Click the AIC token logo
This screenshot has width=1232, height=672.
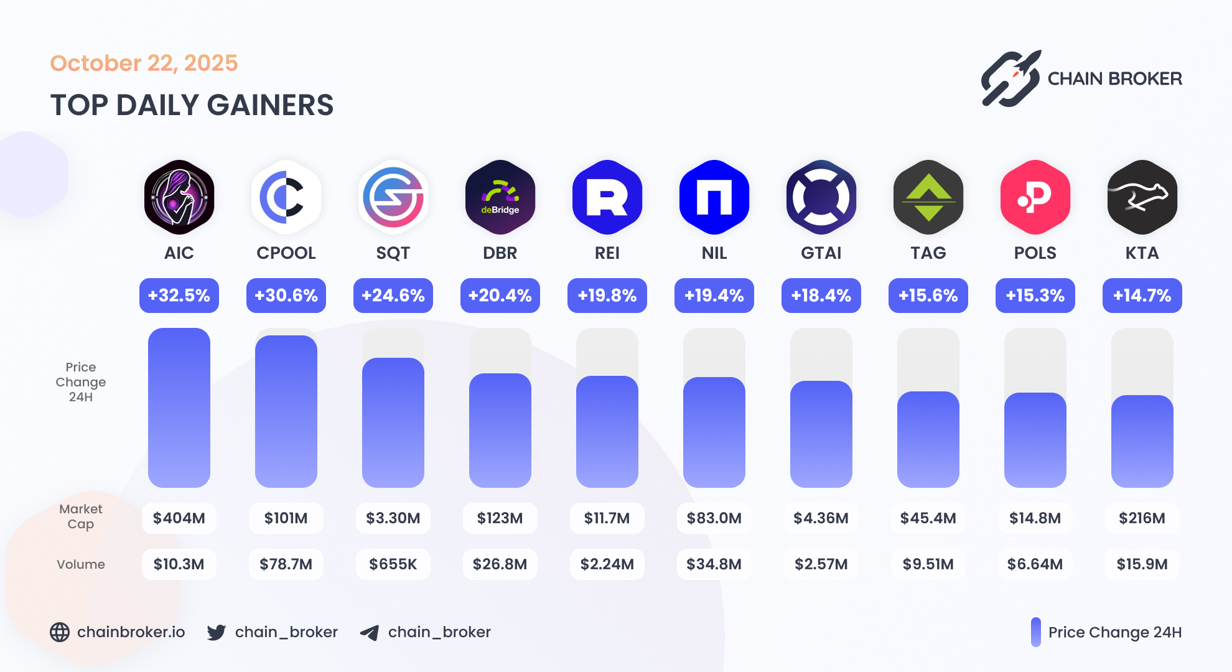pyautogui.click(x=179, y=197)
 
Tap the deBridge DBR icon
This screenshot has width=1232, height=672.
pyautogui.click(x=500, y=197)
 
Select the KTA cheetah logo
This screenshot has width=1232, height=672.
pyautogui.click(x=1142, y=197)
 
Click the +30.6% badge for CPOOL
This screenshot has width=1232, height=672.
pyautogui.click(x=286, y=296)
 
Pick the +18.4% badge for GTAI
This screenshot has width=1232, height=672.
pyautogui.click(x=821, y=296)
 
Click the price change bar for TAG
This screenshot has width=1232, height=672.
pyautogui.click(x=928, y=439)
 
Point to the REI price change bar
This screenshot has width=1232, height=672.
pyautogui.click(x=607, y=431)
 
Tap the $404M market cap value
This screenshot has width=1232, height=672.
pyautogui.click(x=179, y=518)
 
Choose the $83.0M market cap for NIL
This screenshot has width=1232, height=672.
pyautogui.click(x=714, y=518)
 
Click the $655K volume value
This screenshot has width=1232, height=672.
pyautogui.click(x=393, y=564)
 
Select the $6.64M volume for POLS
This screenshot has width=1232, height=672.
pyautogui.click(x=1035, y=564)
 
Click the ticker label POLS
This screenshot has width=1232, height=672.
pyautogui.click(x=1035, y=253)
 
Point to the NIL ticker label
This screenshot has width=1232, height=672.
pyautogui.click(x=714, y=253)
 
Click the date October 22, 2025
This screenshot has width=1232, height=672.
pyautogui.click(x=144, y=63)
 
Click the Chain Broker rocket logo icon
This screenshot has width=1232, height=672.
pyautogui.click(x=1011, y=79)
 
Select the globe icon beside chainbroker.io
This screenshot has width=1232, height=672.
pyautogui.click(x=60, y=632)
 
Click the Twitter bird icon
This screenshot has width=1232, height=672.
pyautogui.click(x=217, y=632)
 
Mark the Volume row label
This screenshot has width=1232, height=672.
pyautogui.click(x=81, y=564)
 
